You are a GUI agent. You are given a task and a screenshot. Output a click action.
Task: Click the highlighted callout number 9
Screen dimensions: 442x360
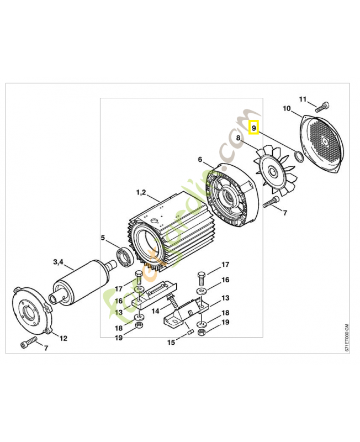pos(254,128)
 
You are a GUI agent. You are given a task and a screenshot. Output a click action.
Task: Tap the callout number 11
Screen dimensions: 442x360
pos(302,99)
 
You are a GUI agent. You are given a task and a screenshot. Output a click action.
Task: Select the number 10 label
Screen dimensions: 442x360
pos(287,108)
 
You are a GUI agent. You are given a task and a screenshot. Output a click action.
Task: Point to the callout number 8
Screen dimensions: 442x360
pos(239,138)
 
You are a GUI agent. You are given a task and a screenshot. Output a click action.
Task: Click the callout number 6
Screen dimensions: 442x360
pos(200,159)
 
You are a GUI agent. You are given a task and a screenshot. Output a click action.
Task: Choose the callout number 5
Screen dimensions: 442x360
pos(102,238)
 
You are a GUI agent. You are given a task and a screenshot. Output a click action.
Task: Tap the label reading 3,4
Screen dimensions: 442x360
pos(59,261)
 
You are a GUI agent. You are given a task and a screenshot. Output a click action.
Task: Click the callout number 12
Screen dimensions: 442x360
pos(63,338)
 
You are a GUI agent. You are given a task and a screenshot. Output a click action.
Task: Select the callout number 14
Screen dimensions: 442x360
pos(155,311)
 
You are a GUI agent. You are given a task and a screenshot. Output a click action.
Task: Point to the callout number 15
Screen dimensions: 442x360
pos(171,343)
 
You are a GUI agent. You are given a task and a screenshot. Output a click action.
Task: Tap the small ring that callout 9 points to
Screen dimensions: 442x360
pos(298,156)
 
